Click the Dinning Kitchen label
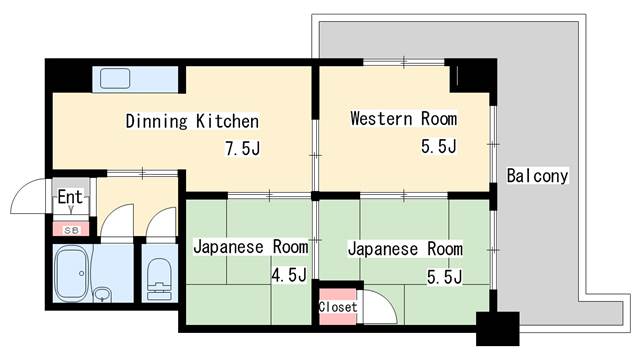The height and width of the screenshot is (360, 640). pos(192,121)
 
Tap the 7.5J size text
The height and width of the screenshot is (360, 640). pos(243,148)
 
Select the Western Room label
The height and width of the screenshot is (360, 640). pos(404,119)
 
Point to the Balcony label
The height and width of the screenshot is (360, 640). pos(537,176)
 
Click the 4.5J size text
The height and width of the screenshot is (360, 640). pos(289,275)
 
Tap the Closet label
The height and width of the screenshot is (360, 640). pos(338,307)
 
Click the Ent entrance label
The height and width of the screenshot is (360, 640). pos(70,197)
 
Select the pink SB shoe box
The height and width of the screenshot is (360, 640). pos(71,229)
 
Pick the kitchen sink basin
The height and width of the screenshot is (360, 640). pos(115,78)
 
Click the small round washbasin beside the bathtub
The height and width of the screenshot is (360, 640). pos(102,294)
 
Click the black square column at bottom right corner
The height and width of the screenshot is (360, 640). pos(498,329)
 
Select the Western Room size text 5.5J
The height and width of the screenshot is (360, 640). pos(439,146)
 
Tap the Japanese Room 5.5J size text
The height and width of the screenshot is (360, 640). pos(444,277)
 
